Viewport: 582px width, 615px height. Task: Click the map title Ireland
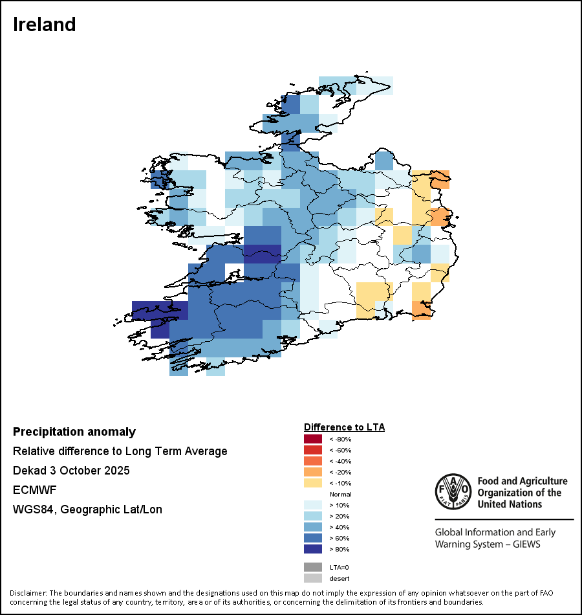click(45, 25)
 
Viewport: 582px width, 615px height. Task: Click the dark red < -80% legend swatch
click(312, 440)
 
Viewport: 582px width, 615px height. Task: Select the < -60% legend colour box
click(312, 451)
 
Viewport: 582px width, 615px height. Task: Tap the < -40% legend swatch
click(312, 462)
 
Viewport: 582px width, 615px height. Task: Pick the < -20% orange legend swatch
click(312, 473)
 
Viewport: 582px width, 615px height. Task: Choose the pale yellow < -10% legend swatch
click(312, 484)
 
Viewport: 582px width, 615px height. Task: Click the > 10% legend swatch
click(312, 506)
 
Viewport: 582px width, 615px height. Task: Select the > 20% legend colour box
click(312, 517)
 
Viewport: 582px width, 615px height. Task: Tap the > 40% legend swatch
click(312, 528)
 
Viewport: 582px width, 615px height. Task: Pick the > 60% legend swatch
click(312, 539)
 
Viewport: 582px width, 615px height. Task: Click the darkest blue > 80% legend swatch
click(312, 550)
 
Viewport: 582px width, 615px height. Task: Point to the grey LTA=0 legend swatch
click(312, 567)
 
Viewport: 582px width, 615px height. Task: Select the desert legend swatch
click(312, 578)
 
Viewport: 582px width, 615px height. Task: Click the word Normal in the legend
click(340, 495)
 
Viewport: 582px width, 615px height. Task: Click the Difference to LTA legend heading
click(344, 427)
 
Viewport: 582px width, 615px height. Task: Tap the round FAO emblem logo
click(453, 492)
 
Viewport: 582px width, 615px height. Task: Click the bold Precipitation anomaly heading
click(74, 432)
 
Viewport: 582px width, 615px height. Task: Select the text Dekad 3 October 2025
click(71, 471)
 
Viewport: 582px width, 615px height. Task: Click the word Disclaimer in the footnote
click(28, 593)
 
